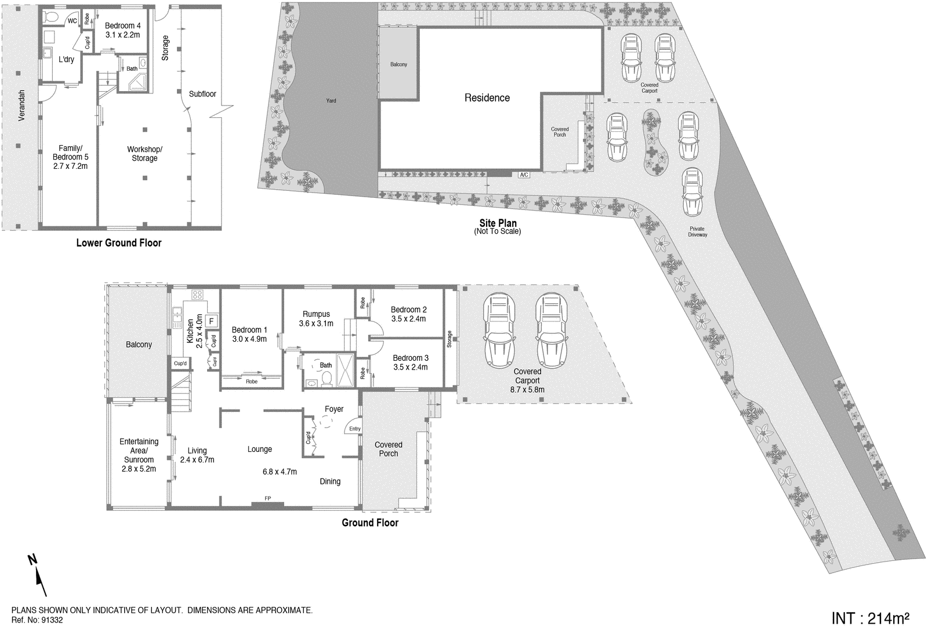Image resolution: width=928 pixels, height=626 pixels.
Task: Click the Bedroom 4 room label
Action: click(x=123, y=26)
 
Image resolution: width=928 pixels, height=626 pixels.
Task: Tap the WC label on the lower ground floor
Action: click(x=72, y=21)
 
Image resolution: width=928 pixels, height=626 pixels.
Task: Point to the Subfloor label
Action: click(x=202, y=93)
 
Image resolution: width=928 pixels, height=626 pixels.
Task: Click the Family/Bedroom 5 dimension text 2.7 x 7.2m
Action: click(x=70, y=166)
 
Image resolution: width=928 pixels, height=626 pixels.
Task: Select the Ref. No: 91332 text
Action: click(x=37, y=620)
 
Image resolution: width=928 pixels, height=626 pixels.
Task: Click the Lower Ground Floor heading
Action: click(x=119, y=243)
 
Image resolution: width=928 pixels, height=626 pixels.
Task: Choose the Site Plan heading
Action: click(x=498, y=223)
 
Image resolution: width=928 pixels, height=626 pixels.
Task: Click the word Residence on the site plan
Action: click(x=487, y=97)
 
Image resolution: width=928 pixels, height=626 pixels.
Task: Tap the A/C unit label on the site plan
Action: click(x=524, y=175)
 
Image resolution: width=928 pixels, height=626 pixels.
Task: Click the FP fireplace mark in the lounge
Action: click(x=267, y=498)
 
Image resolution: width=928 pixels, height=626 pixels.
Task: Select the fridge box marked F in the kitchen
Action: click(x=211, y=320)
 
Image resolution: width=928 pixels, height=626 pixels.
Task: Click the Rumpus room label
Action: click(x=316, y=314)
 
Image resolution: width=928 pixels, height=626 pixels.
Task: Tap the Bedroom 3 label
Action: click(x=411, y=358)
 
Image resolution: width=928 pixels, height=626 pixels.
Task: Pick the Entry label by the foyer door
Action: click(x=354, y=429)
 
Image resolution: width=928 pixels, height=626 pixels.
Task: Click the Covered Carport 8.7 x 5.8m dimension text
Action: click(x=527, y=390)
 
